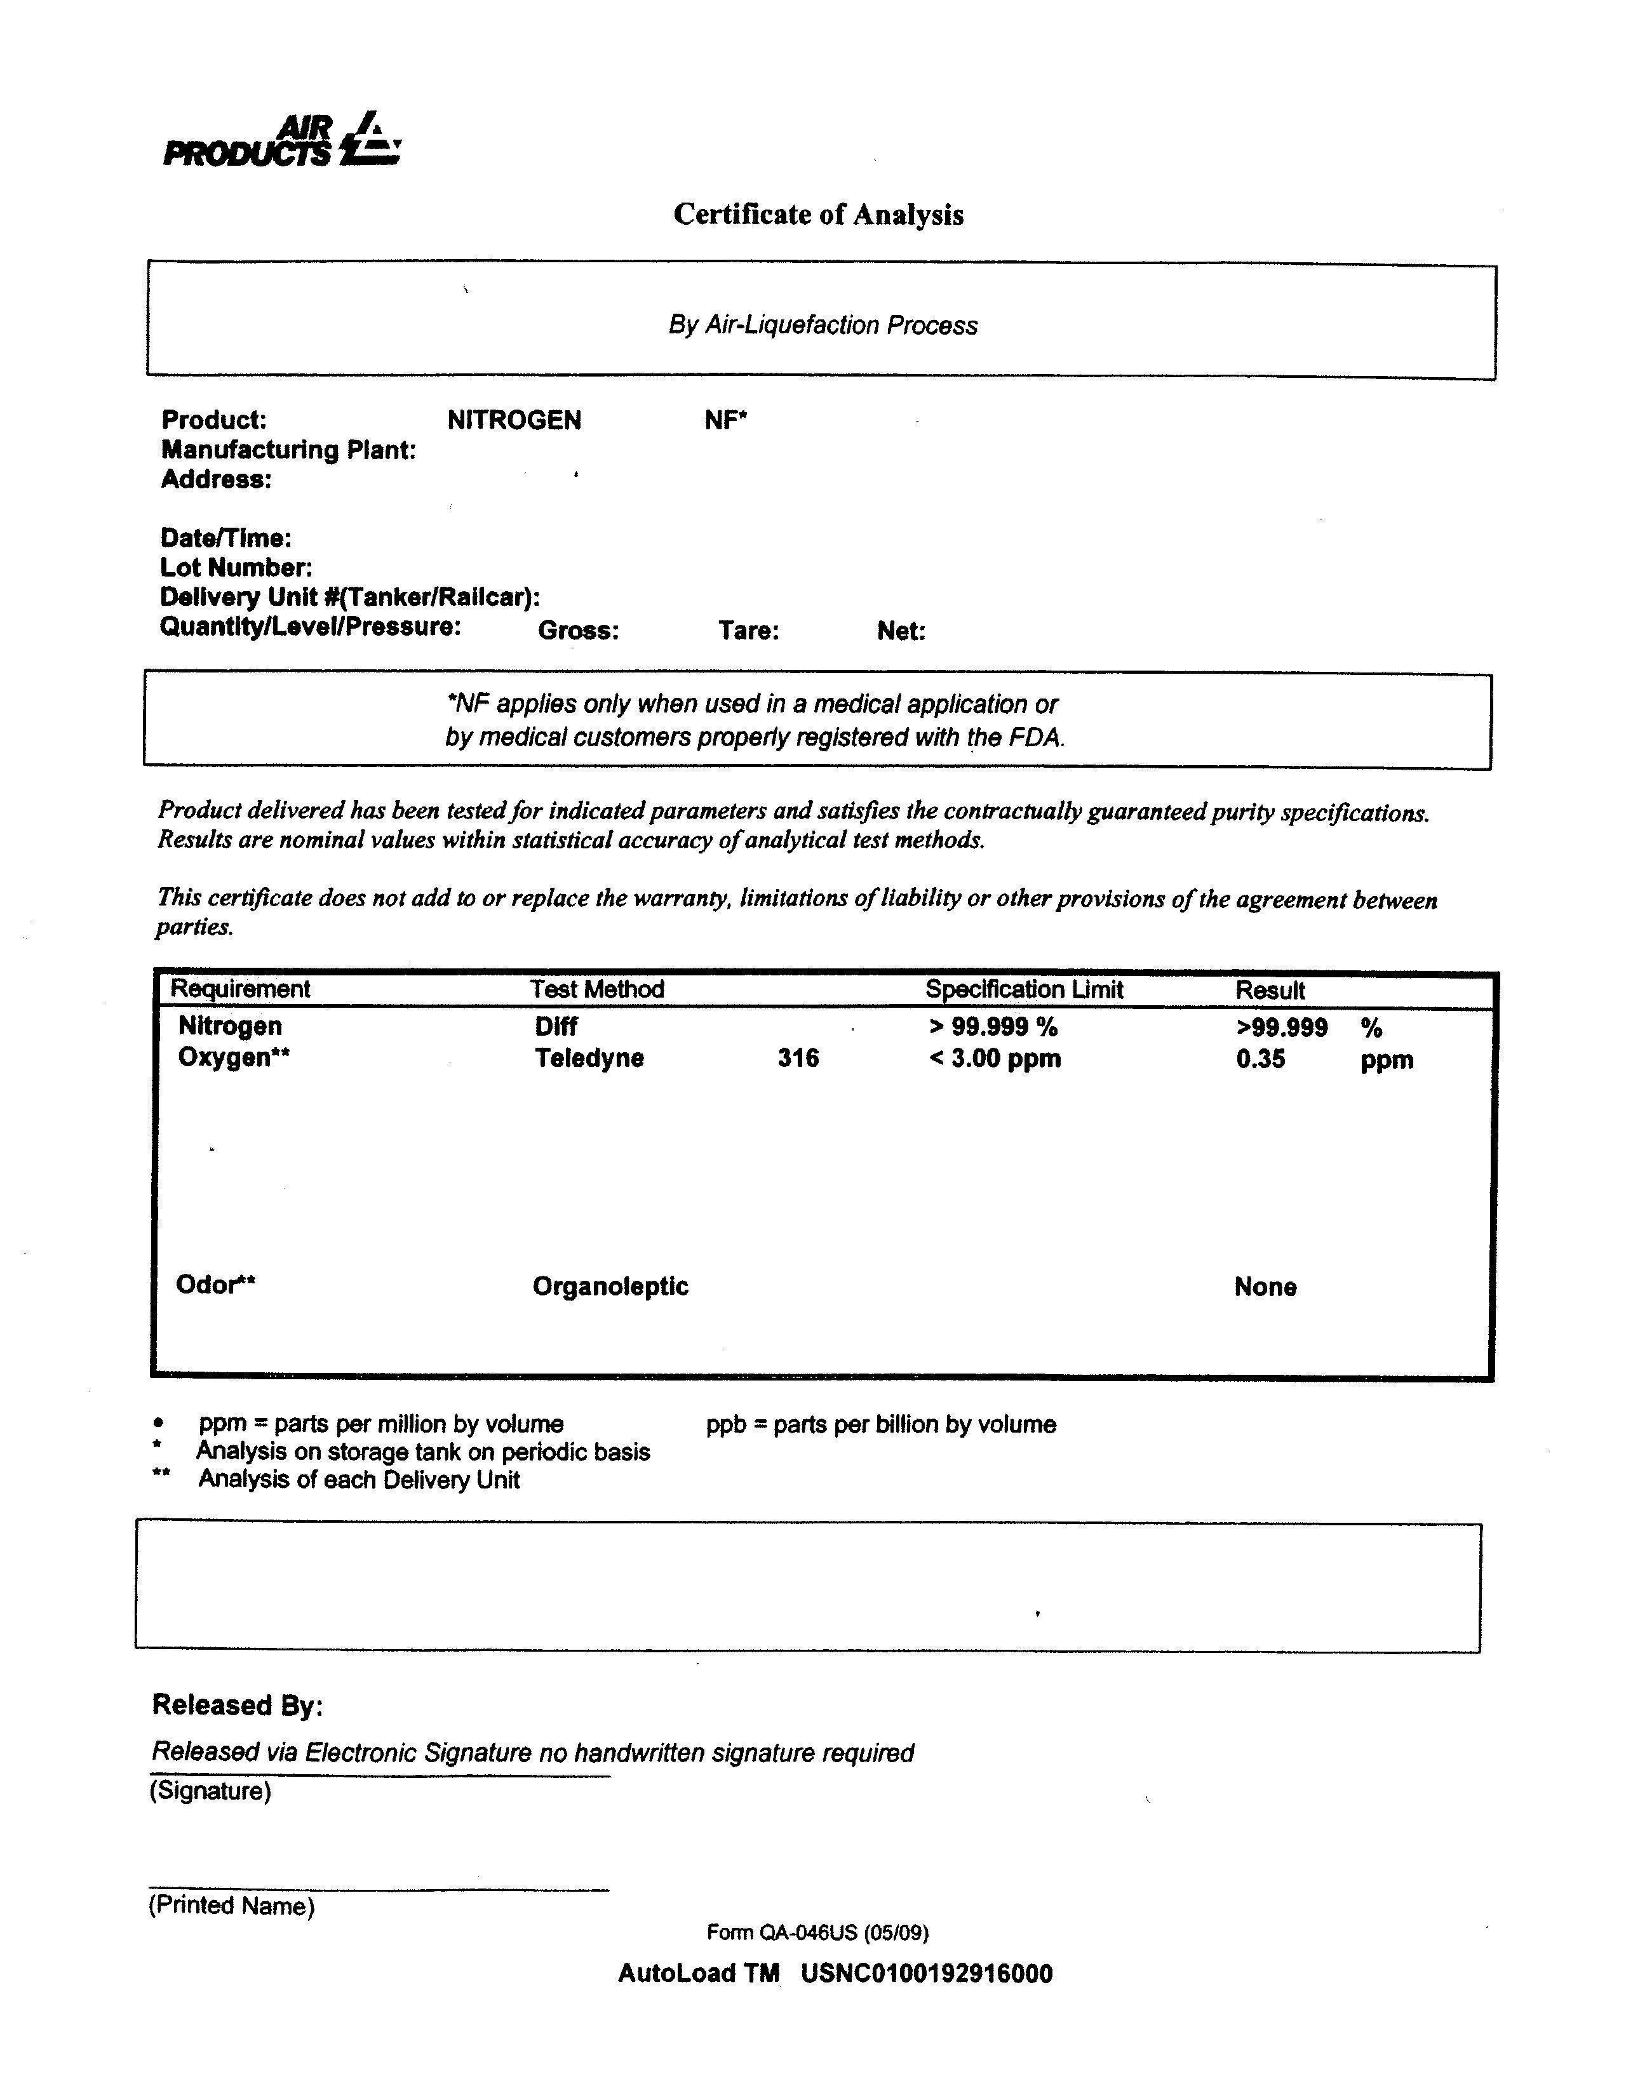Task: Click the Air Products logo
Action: pos(282,141)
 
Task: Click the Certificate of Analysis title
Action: pos(818,214)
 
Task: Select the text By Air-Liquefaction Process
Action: pos(823,326)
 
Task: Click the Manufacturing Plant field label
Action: pos(288,450)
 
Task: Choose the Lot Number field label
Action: pos(236,567)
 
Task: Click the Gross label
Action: pos(578,631)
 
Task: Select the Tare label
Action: pos(749,631)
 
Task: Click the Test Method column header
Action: pos(597,989)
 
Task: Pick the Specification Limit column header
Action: pos(1024,989)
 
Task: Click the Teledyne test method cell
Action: pos(589,1058)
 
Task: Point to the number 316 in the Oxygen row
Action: pos(798,1058)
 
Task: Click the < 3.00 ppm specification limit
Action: pos(995,1059)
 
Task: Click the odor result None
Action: pos(1265,1287)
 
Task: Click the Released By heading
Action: pos(238,1705)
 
